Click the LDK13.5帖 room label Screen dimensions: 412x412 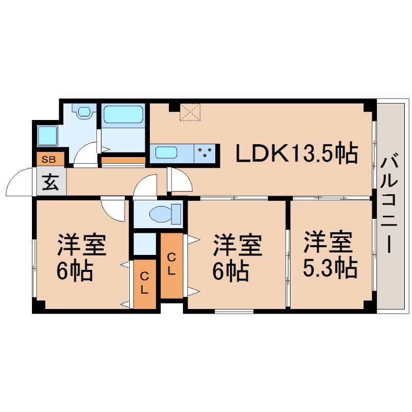click(x=297, y=153)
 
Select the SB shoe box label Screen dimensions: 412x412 click(x=49, y=160)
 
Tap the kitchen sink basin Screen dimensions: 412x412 click(x=166, y=153)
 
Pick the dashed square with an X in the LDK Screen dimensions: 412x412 click(x=190, y=112)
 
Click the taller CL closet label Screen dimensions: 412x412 click(x=172, y=264)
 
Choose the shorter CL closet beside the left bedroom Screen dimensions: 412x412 click(x=145, y=283)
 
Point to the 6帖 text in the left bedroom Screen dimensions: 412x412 click(x=74, y=270)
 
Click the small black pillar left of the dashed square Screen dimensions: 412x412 click(x=174, y=107)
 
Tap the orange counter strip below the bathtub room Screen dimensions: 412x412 click(x=123, y=160)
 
